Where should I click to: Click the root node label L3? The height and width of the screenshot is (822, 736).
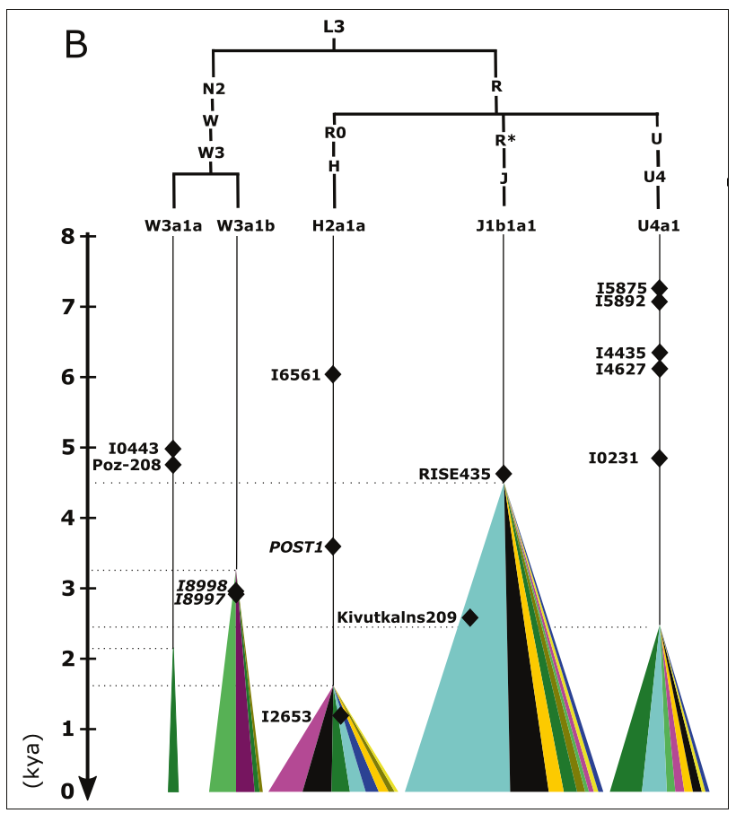[334, 27]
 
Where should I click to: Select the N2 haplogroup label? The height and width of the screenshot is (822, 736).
[213, 89]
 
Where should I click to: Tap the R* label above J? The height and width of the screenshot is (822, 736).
[505, 140]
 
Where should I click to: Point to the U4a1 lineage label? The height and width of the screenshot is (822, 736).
[658, 225]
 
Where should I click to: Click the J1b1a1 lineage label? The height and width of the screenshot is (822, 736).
[505, 225]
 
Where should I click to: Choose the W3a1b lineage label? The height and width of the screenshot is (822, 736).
[245, 225]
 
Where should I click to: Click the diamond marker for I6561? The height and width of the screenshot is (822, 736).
[333, 374]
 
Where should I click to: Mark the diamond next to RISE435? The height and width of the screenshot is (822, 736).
[504, 474]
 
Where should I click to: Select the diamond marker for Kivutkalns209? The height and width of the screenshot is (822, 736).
[469, 617]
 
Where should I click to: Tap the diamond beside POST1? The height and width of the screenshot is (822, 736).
[333, 547]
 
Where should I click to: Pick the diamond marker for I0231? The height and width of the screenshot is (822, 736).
[660, 458]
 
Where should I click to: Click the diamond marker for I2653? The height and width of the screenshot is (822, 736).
[340, 716]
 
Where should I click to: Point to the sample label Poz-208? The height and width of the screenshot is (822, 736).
[126, 465]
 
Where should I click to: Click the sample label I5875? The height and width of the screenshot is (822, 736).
[621, 288]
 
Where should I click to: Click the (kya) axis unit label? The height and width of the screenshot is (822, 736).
[36, 767]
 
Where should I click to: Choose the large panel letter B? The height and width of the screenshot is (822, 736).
[77, 45]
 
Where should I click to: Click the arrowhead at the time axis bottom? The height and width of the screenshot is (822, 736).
[87, 788]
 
